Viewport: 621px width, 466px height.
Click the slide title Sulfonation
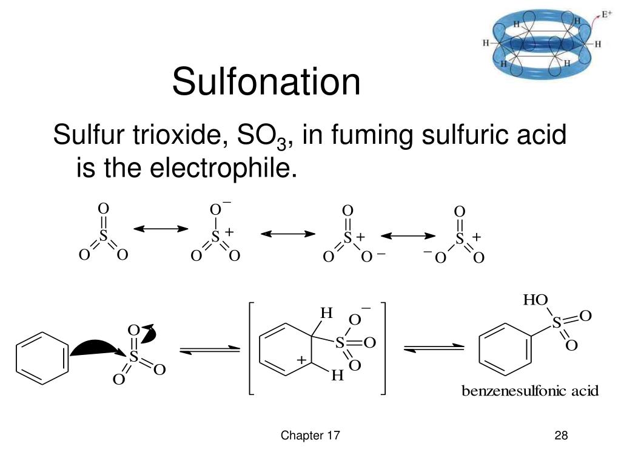click(266, 83)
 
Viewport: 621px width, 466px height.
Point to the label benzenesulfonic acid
click(530, 391)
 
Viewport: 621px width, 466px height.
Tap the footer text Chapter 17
click(310, 436)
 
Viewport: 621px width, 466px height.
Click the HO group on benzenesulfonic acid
click(535, 300)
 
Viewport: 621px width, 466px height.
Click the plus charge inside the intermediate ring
click(301, 360)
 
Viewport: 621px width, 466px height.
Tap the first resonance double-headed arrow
click(161, 229)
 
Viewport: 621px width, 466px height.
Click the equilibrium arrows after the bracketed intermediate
click(434, 348)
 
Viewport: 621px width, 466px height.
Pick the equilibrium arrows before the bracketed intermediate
click(209, 350)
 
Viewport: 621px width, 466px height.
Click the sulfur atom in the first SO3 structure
click(103, 237)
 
